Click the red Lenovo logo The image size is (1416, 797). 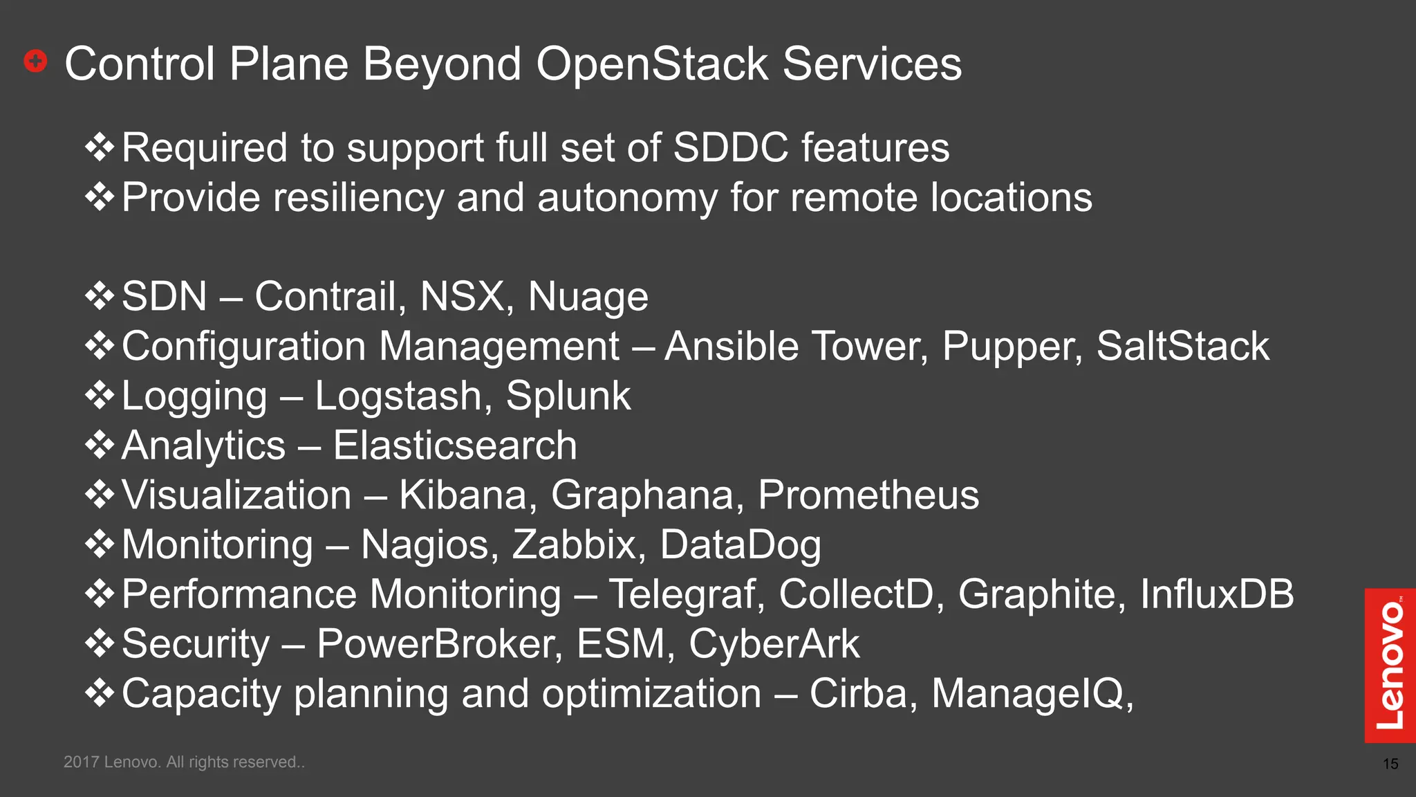pyautogui.click(x=1390, y=665)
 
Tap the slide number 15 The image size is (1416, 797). pyautogui.click(x=1390, y=764)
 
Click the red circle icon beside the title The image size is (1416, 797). pyautogui.click(x=35, y=62)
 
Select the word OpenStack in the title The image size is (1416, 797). pyautogui.click(x=652, y=64)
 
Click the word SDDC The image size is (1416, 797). pyautogui.click(x=730, y=148)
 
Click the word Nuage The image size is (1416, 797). pyautogui.click(x=588, y=297)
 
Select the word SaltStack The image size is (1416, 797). pyautogui.click(x=1182, y=346)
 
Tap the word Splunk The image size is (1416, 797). pyautogui.click(x=568, y=396)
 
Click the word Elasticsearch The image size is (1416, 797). pyautogui.click(x=454, y=446)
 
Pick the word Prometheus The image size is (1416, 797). pyautogui.click(x=868, y=495)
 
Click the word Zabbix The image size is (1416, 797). pyautogui.click(x=573, y=545)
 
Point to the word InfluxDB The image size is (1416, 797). pyautogui.click(x=1216, y=594)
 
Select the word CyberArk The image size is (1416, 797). pyautogui.click(x=774, y=644)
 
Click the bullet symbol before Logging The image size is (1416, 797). pyautogui.click(x=100, y=396)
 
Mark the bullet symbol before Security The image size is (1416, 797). pyautogui.click(x=100, y=644)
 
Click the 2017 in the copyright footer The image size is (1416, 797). pyautogui.click(x=81, y=762)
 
